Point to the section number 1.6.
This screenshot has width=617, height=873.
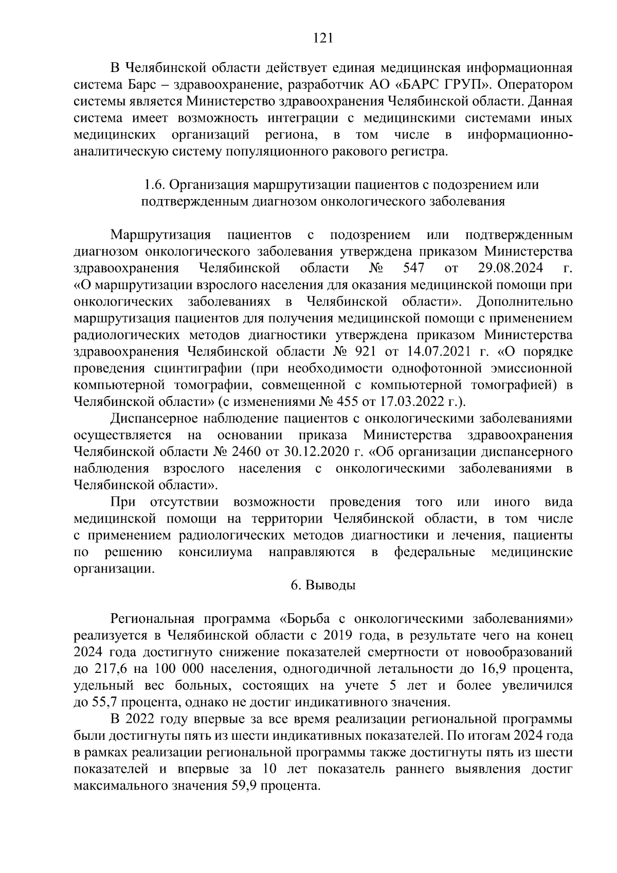[154, 185]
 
